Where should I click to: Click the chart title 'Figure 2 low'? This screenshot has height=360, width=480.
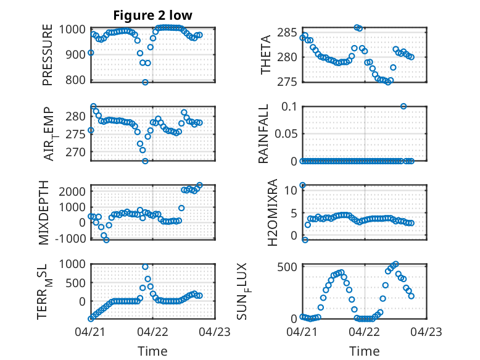click(153, 15)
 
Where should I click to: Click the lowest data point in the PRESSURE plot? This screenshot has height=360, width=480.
click(145, 82)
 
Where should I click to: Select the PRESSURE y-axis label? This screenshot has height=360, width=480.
click(48, 55)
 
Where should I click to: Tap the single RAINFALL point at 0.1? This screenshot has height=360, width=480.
click(403, 106)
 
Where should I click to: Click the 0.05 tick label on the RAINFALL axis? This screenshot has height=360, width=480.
click(286, 133)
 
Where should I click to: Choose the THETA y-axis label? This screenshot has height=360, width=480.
click(266, 55)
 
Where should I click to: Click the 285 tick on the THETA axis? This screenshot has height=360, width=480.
click(287, 32)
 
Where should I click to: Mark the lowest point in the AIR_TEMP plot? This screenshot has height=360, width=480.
click(145, 161)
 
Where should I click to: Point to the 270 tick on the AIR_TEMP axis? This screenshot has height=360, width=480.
click(75, 152)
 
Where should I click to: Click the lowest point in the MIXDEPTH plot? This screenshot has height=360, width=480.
click(106, 240)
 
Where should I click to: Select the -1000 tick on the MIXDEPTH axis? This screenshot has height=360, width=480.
click(70, 238)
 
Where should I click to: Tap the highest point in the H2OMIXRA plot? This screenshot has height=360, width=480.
click(302, 185)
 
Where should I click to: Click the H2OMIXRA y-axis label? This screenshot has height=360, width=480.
click(272, 212)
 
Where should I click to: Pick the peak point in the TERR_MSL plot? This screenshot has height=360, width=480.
click(145, 267)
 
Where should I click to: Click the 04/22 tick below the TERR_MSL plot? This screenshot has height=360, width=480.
click(153, 332)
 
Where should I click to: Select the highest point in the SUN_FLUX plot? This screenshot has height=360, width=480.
click(396, 264)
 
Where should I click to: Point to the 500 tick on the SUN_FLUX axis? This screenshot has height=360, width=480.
click(287, 267)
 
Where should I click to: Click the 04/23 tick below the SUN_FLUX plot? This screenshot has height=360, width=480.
click(426, 332)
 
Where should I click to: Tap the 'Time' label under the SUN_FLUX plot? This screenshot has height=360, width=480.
click(364, 351)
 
